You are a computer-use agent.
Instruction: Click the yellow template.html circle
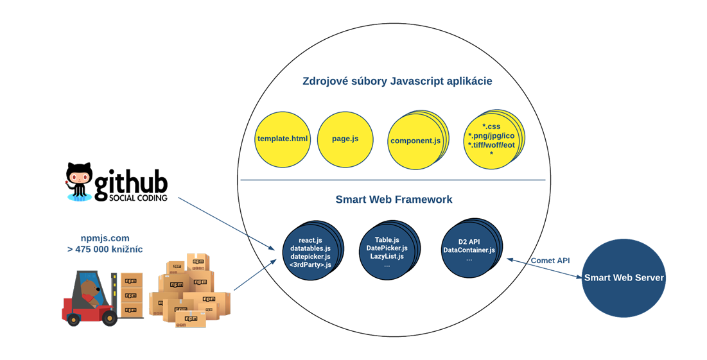pos(283,139)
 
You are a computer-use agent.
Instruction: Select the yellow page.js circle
pos(345,139)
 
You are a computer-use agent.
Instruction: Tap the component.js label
pos(415,141)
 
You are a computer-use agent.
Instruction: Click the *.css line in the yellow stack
pos(491,126)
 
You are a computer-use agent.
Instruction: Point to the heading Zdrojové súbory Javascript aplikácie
pos(397,81)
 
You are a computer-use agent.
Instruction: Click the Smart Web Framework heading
pos(394,200)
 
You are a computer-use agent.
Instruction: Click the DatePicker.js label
pos(387,248)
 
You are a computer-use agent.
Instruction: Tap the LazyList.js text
pos(387,256)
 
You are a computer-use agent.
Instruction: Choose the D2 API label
pos(469,241)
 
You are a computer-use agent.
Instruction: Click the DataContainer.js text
pos(469,250)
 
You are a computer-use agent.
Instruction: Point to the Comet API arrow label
pos(550,261)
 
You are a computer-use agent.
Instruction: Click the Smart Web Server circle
pos(624,278)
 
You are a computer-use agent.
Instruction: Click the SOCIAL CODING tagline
pos(131,198)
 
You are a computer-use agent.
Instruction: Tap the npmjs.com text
pos(105,237)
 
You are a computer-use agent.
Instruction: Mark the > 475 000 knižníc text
pos(105,249)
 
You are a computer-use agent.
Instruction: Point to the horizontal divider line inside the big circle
pos(392,180)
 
